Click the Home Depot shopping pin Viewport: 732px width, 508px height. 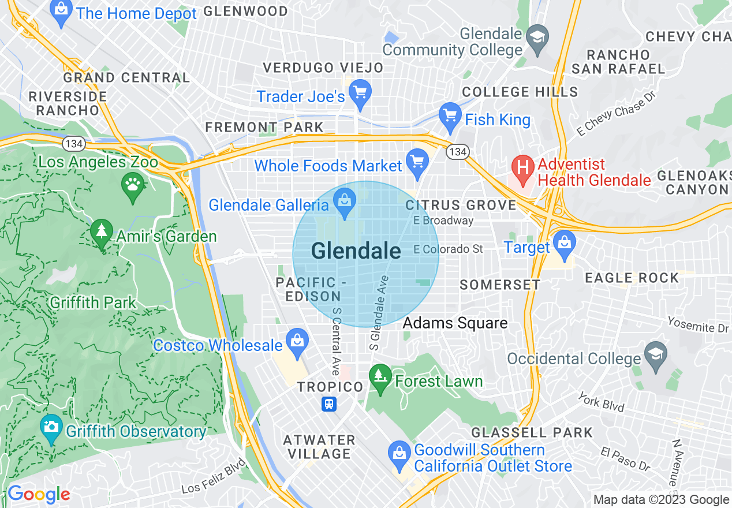click(60, 10)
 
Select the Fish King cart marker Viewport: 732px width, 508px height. click(449, 116)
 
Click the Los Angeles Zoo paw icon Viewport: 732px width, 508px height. click(133, 186)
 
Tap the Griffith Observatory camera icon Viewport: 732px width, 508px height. click(51, 428)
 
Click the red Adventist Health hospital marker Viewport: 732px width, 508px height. click(522, 168)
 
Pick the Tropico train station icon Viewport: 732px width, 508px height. click(329, 404)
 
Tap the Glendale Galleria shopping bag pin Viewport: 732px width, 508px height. click(345, 202)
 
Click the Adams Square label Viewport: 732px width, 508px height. click(455, 323)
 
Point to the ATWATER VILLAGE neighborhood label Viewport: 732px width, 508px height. click(319, 447)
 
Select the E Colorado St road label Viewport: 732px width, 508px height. click(448, 249)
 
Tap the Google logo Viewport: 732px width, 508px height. click(38, 495)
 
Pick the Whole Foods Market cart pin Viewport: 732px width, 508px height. click(417, 162)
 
